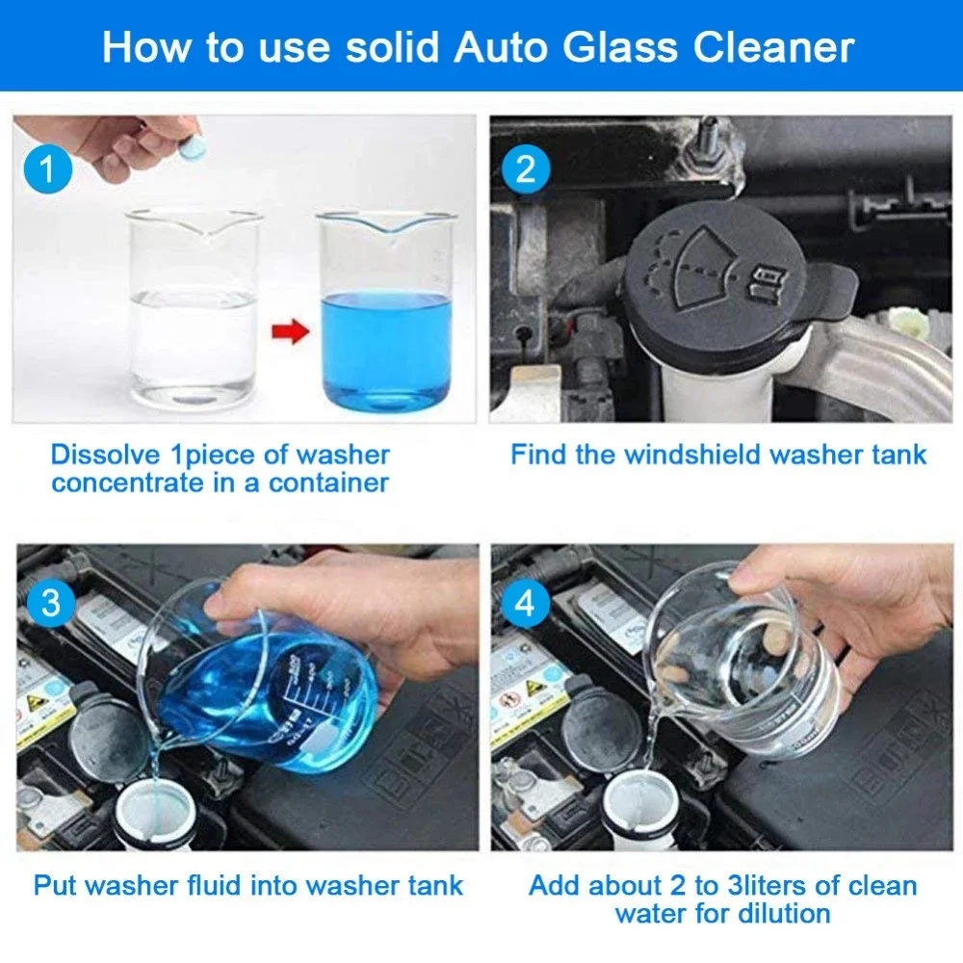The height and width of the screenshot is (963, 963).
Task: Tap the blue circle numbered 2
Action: pyautogui.click(x=525, y=170)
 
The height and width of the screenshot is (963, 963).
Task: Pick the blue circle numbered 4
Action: pyautogui.click(x=525, y=604)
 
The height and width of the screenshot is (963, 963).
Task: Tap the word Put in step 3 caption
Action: pyautogui.click(x=53, y=885)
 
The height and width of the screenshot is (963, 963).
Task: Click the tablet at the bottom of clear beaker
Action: pyautogui.click(x=194, y=395)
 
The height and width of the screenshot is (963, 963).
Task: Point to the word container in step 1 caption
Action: pyautogui.click(x=326, y=482)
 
